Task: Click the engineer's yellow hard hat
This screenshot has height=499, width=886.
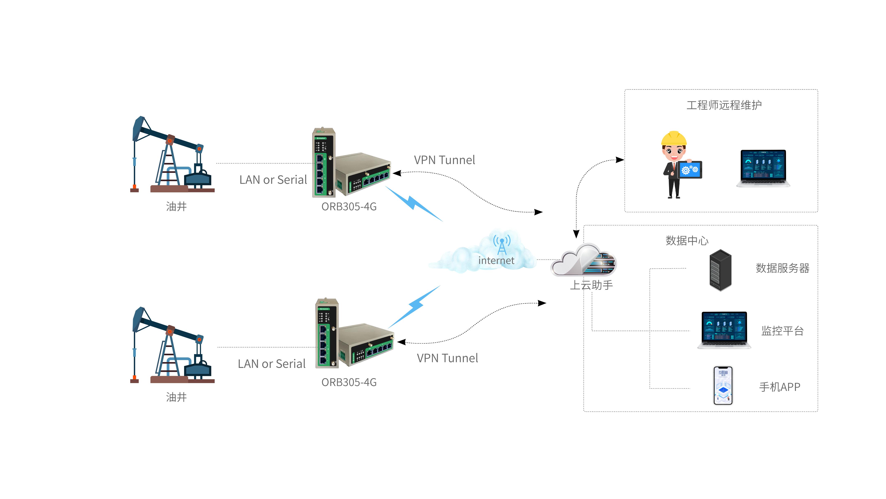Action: (x=673, y=139)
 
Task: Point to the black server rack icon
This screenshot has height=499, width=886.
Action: (x=720, y=270)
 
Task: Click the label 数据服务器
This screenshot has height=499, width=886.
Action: (x=783, y=268)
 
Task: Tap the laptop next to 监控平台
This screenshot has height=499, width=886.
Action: (x=724, y=330)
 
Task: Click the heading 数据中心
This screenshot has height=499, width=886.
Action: (x=687, y=241)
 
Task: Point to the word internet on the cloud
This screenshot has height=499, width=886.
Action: (x=496, y=261)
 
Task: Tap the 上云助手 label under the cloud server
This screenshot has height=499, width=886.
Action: (x=591, y=285)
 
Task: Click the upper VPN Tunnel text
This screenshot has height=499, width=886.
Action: (x=444, y=160)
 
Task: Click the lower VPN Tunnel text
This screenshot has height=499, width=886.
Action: (x=447, y=358)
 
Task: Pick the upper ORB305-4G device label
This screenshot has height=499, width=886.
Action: (x=349, y=207)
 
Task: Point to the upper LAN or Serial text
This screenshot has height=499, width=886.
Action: (x=273, y=180)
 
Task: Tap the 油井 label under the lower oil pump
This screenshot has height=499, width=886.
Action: (x=176, y=397)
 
